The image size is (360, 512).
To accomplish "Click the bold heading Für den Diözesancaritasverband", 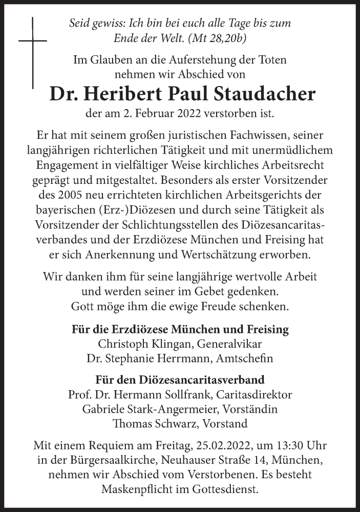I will click(180, 381).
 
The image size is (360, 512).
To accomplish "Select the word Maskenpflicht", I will click(148, 489).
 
